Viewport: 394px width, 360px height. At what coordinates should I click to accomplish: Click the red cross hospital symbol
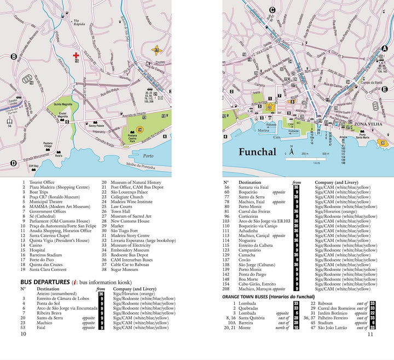point(77,56)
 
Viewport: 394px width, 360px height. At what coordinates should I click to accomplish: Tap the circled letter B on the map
point(13,56)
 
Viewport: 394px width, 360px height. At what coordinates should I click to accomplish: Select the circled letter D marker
point(13,162)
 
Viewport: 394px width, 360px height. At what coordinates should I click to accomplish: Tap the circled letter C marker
point(272,9)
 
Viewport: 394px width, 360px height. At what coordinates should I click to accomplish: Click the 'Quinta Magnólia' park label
point(63,104)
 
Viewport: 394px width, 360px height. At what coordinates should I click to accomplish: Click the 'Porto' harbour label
point(148,155)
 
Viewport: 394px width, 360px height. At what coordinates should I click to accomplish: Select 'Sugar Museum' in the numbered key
point(123,270)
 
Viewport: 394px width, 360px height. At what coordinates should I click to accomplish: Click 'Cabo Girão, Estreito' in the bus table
point(258,283)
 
